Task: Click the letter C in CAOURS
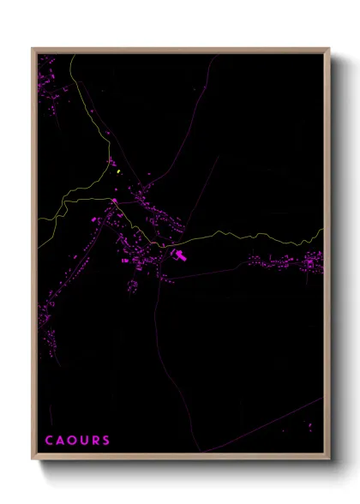[x=49, y=441]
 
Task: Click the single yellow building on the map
[x=117, y=171]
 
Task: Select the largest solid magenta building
[x=179, y=255]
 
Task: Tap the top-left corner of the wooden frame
[x=33, y=49]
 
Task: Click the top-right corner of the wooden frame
[x=329, y=49]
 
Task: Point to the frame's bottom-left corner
[x=33, y=459]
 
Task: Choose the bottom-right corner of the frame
[x=329, y=459]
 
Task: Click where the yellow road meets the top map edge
[x=74, y=55]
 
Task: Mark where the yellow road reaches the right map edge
[x=322, y=230]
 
